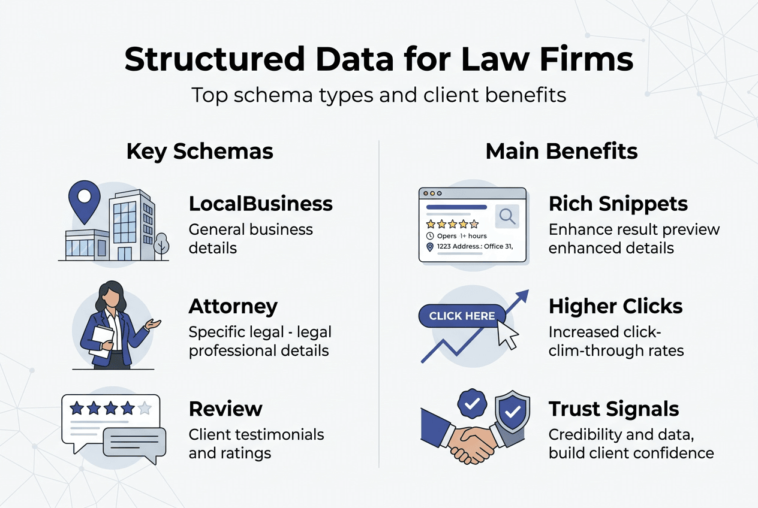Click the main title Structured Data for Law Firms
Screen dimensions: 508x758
[378, 60]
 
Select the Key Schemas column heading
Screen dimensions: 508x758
[200, 152]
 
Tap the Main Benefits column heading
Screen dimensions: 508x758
[561, 152]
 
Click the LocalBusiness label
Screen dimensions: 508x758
[260, 204]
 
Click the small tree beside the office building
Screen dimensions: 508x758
[161, 245]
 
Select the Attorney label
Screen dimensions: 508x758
[233, 306]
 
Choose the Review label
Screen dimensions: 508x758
[225, 409]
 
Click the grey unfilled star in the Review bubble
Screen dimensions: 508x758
[145, 409]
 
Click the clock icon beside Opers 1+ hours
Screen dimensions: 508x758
[429, 236]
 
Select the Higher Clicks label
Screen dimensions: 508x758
[615, 306]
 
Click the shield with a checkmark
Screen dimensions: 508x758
[512, 412]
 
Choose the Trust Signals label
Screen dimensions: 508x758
[613, 409]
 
